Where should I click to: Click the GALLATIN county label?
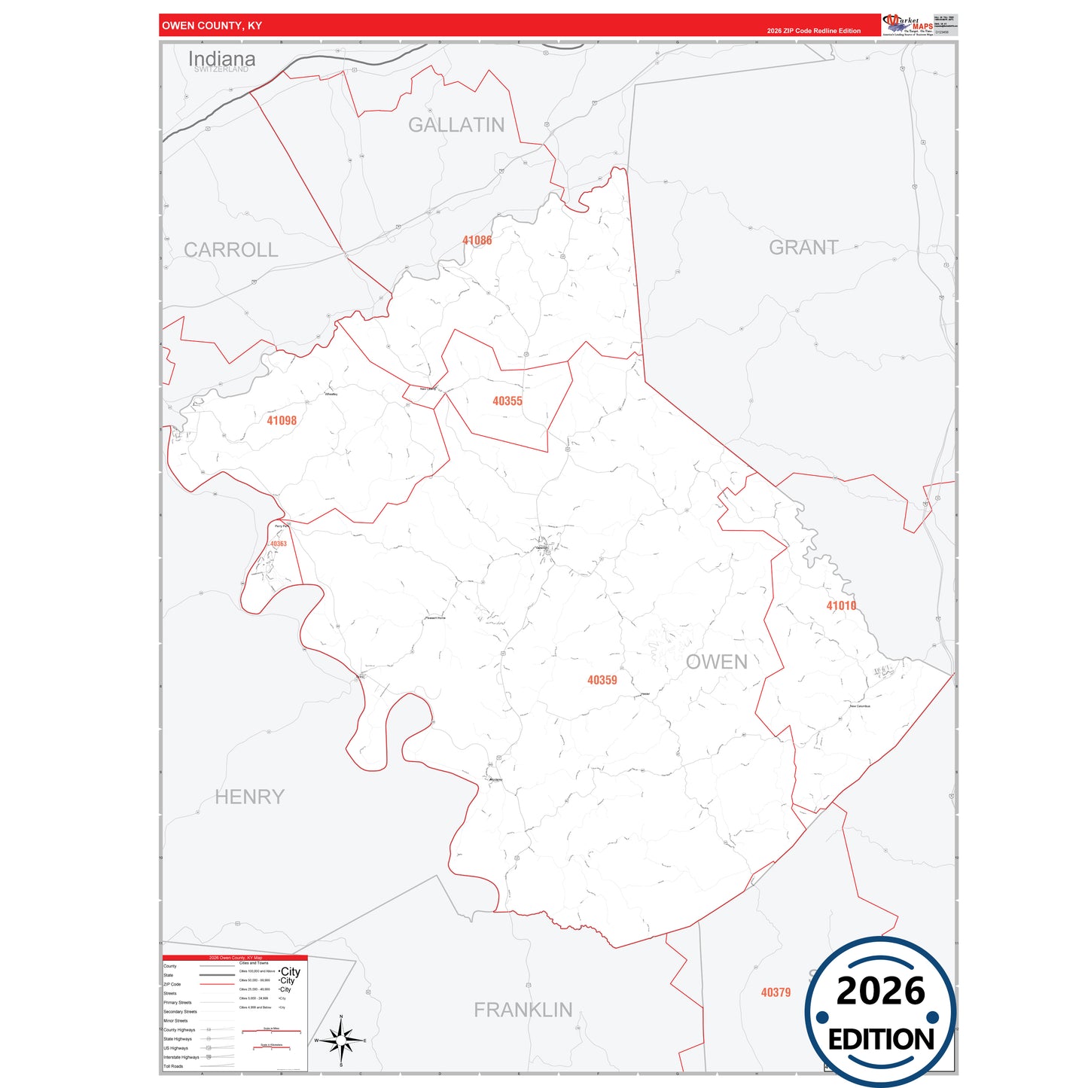click(x=456, y=125)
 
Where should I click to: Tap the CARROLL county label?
click(x=230, y=250)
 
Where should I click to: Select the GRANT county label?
click(x=803, y=248)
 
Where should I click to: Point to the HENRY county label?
click(x=249, y=797)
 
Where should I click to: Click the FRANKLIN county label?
click(x=523, y=1010)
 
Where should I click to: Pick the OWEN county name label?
click(x=716, y=662)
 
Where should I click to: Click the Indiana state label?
click(x=221, y=59)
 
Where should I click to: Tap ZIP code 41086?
click(x=477, y=240)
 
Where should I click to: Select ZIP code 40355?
click(x=507, y=401)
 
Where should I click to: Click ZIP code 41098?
click(x=282, y=420)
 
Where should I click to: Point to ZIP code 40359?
click(x=602, y=680)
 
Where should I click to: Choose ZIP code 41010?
click(x=840, y=605)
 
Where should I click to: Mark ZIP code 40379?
click(x=776, y=992)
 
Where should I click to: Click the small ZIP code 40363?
click(x=277, y=544)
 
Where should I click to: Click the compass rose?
click(x=341, y=1041)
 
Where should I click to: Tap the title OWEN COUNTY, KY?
click(x=212, y=26)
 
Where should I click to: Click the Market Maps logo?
click(x=907, y=25)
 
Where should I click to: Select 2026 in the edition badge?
click(x=880, y=991)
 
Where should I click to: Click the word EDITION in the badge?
click(x=881, y=1040)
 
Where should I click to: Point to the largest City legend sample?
click(x=290, y=971)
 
